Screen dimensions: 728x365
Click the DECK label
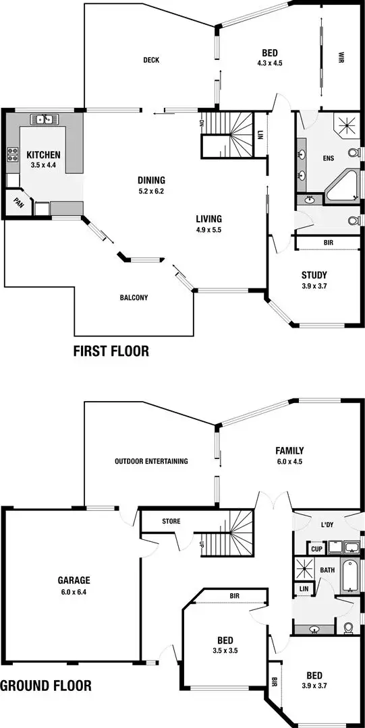tap(150, 60)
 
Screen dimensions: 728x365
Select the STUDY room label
tap(314, 275)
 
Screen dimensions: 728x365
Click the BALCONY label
tap(134, 297)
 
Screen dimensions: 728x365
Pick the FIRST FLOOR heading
tap(111, 351)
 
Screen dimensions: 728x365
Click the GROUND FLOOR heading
tap(46, 686)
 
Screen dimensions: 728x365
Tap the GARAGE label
tap(74, 580)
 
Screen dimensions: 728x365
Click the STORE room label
tap(171, 521)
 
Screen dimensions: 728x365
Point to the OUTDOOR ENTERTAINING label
tap(150, 461)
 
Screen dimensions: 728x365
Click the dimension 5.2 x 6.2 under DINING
tap(151, 191)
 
